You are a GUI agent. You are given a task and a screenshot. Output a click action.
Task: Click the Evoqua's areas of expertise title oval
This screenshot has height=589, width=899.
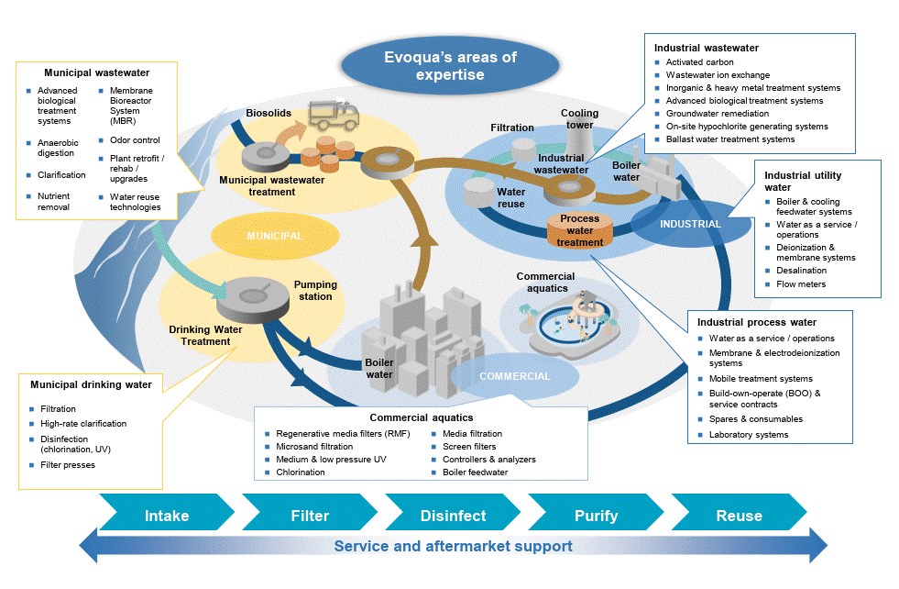449,66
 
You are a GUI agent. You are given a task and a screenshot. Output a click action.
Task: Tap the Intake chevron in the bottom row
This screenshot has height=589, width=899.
167,516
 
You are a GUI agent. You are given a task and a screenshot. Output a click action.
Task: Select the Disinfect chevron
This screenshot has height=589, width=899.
453,516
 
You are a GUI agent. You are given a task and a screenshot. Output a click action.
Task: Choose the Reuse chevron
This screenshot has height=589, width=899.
739,516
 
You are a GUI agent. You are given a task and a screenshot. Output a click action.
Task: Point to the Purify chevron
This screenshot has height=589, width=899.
596,516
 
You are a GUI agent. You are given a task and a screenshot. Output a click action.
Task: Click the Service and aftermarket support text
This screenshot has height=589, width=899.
453,547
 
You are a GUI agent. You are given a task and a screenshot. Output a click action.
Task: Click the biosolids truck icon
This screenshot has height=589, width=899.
332,116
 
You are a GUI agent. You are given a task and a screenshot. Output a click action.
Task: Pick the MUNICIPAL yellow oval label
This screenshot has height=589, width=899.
274,236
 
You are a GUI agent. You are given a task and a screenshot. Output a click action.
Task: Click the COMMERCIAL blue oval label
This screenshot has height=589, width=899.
515,376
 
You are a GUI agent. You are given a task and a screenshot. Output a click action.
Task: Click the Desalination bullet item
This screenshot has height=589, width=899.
801,271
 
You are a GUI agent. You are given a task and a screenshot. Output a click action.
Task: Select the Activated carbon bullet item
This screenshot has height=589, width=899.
699,62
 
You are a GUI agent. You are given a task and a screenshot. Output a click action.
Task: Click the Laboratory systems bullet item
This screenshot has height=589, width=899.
748,434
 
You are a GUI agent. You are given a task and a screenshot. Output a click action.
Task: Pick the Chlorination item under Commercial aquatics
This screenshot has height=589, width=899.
301,472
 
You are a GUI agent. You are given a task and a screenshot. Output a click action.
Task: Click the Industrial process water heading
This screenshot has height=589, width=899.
756,322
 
